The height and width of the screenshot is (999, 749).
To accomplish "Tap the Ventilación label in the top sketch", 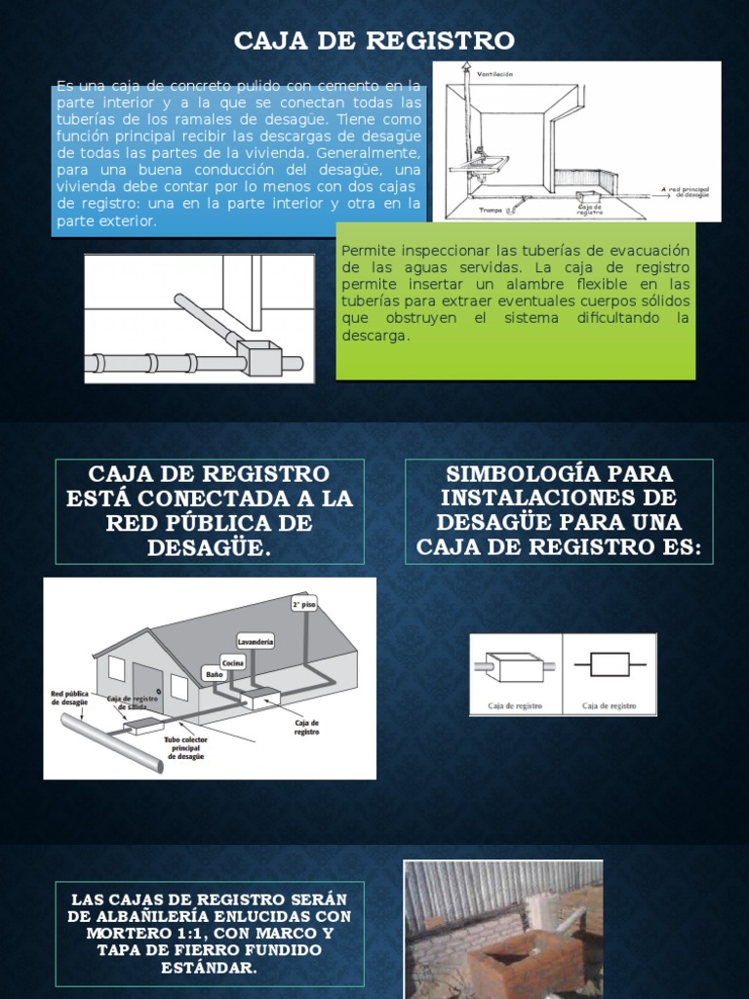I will tap(494, 74).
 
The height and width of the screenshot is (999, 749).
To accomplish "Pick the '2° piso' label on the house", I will tap(303, 604).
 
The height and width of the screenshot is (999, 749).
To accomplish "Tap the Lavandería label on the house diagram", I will tap(256, 641).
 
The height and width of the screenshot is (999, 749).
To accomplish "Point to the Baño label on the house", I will tap(213, 673).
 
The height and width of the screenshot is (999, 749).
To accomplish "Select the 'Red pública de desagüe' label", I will tap(69, 698).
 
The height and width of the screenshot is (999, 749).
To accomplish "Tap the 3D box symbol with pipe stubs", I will tap(514, 668).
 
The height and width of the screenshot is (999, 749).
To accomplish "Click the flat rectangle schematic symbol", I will tap(610, 667).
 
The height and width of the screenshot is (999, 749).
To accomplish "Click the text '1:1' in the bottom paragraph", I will tap(159, 934).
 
